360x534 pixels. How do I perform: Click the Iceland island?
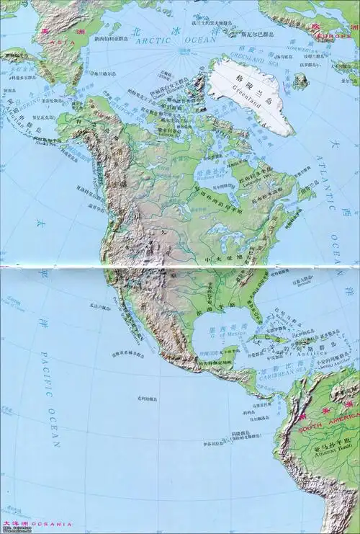point(301,81)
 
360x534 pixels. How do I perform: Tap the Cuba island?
point(270,339)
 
